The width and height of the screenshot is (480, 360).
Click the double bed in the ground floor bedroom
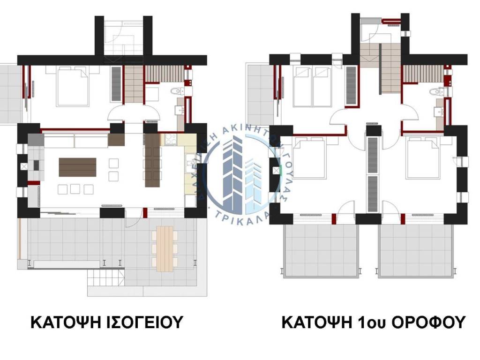73,86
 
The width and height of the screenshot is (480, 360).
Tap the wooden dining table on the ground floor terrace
165,248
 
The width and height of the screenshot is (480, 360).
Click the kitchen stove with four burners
169,139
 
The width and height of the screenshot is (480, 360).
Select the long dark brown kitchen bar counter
153,160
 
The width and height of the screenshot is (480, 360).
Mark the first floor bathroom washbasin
439,111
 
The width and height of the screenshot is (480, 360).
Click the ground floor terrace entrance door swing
133,213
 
